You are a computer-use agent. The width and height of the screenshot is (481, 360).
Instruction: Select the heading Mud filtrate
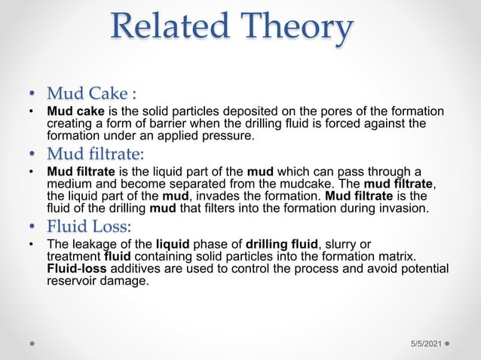95,154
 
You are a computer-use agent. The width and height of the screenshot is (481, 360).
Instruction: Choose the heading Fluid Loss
89,226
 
